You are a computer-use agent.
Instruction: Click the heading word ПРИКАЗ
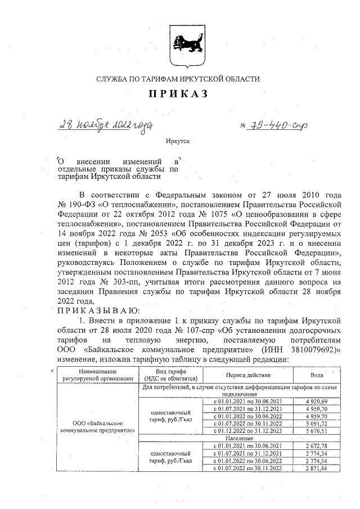178,94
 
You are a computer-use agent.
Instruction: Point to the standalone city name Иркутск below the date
178,145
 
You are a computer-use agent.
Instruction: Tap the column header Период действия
247,375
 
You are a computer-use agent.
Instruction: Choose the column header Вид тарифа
170,375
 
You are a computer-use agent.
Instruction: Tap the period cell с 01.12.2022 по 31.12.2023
247,431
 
